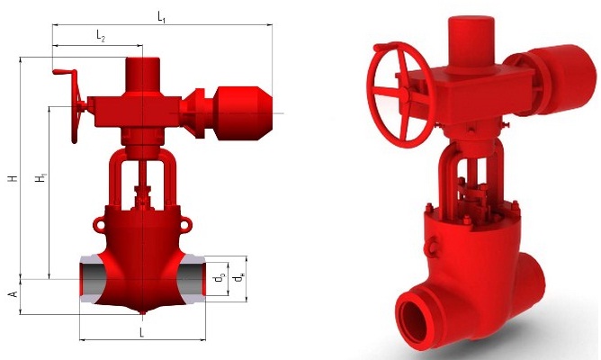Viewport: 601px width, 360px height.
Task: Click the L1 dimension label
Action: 161,17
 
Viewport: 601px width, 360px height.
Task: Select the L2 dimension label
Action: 101,37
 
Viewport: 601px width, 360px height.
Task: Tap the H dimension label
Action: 13,178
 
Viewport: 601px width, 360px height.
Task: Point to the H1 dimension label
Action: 41,178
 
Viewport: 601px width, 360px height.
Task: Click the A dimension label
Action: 13,294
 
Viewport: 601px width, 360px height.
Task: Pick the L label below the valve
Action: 141,332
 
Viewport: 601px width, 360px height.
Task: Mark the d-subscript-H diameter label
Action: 239,278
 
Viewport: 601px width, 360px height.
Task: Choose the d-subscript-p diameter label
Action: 220,278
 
